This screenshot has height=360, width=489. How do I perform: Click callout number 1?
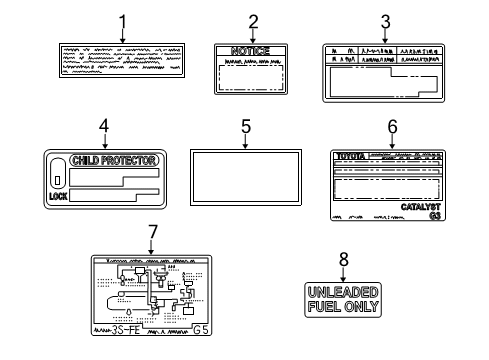(122, 21)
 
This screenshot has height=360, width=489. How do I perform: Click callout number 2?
(253, 21)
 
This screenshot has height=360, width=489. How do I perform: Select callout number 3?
(384, 21)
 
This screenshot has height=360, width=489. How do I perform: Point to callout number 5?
(245, 127)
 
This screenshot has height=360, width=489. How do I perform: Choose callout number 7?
(152, 232)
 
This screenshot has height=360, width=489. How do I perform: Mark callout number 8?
(343, 258)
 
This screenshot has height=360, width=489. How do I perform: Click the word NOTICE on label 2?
(251, 50)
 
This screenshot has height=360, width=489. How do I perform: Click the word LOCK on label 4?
(58, 197)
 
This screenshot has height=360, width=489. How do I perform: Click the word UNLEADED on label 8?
(343, 291)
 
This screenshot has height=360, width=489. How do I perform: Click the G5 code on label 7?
(200, 327)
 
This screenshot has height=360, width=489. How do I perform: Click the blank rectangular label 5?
(245, 181)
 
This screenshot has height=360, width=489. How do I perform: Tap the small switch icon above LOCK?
(58, 180)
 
